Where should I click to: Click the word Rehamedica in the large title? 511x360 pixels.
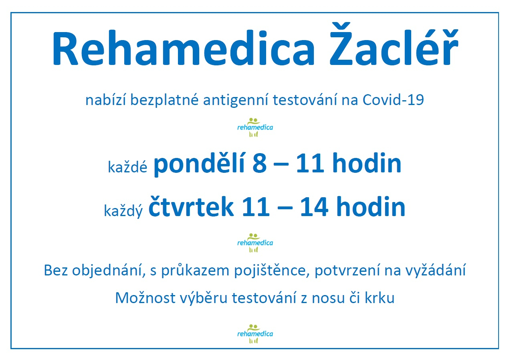pos(184,48)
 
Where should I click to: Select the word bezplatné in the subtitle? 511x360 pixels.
pos(164,100)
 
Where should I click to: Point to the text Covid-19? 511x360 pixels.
pos(393,100)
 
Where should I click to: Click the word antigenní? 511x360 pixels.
pos(236,100)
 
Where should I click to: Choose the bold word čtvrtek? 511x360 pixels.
pos(191,207)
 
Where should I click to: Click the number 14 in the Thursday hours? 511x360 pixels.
pos(314,207)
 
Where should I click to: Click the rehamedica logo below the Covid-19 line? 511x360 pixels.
pos(255,127)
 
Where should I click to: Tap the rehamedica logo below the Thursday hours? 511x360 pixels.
pos(255,242)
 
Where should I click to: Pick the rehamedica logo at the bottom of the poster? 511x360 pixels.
pos(255,334)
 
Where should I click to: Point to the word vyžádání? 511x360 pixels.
pos(436,271)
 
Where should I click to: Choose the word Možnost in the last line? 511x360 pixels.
pos(145,298)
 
